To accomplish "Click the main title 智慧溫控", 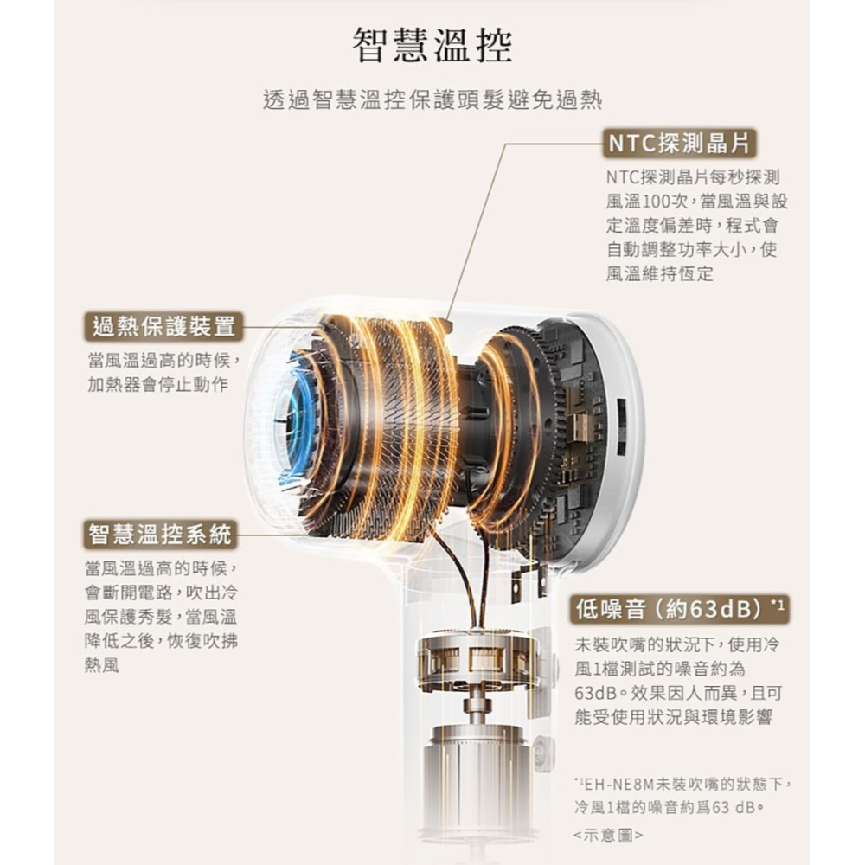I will coord(432,45).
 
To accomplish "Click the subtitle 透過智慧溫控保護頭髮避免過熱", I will coord(432,99).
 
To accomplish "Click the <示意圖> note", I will coord(608,835).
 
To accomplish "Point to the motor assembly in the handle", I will coord(476,662).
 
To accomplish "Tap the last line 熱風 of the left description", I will coord(102,669).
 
